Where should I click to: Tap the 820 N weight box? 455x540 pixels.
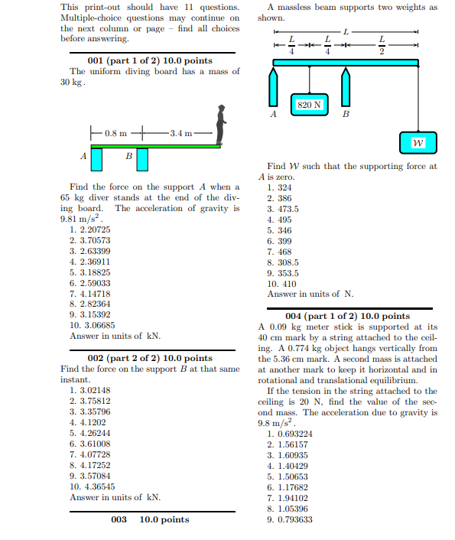(x=309, y=104)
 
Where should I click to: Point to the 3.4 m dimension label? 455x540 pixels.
(x=180, y=133)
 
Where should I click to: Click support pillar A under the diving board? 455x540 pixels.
(x=96, y=159)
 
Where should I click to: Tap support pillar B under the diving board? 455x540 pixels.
(x=142, y=159)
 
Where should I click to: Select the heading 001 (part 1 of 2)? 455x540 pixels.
(x=150, y=60)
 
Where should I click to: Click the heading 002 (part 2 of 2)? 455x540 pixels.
(x=150, y=358)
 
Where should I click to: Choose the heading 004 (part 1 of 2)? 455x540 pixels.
(x=347, y=316)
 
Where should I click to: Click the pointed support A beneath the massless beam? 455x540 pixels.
(x=273, y=88)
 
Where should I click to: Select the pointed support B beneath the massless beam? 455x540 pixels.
(x=346, y=88)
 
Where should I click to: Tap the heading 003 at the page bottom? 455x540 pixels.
(x=150, y=520)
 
